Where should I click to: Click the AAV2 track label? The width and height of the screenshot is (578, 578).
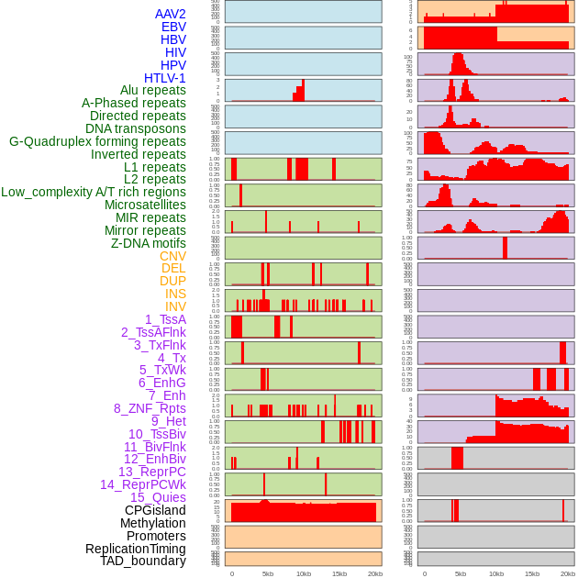171,14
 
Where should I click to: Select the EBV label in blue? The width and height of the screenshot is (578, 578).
173,27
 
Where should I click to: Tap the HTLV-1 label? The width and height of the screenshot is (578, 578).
165,78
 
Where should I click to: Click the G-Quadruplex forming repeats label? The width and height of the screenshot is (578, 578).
97,141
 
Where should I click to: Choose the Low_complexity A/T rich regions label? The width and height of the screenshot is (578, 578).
94,192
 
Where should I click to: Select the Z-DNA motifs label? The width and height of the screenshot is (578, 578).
149,243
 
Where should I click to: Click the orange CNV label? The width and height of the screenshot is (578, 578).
172,256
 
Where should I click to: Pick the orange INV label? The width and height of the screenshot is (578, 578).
175,306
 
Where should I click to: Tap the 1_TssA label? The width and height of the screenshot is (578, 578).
165,319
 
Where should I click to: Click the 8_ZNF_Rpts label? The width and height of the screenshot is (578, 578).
150,408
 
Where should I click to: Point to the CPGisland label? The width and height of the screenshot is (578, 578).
155,510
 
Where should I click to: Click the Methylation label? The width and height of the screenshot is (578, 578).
152,523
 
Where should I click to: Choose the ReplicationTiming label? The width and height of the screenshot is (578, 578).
136,549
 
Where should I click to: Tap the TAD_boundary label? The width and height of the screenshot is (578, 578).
143,561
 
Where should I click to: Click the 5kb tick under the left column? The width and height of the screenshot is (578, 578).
268,573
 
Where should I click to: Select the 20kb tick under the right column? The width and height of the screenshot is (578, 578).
568,573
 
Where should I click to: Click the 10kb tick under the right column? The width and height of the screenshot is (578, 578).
496,573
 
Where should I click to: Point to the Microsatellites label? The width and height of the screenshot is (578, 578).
145,205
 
